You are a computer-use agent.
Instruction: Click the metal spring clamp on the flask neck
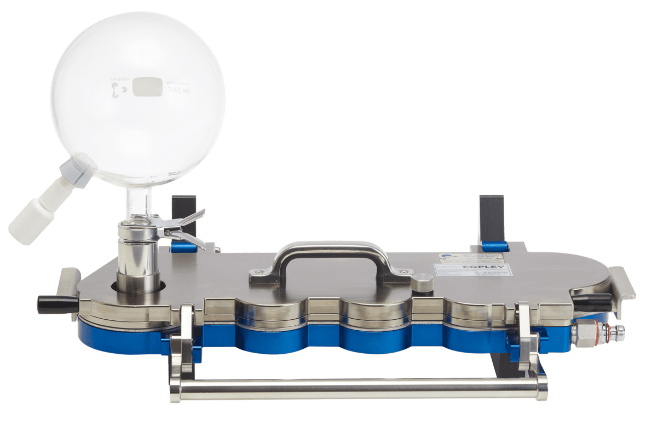[183, 227]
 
